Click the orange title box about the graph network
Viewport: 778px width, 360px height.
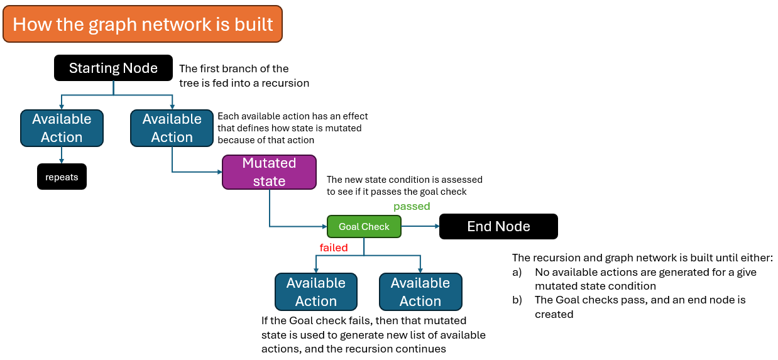point(143,24)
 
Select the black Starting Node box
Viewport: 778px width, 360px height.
point(113,68)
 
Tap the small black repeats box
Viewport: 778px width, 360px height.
point(62,177)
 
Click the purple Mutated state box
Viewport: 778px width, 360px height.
point(269,172)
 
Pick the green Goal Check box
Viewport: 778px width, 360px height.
point(364,226)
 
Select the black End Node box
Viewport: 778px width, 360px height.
point(498,226)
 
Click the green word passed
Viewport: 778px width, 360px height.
point(412,206)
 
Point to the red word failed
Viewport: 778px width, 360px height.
point(334,248)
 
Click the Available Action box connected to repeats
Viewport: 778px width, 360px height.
point(62,128)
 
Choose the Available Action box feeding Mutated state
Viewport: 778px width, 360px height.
point(172,128)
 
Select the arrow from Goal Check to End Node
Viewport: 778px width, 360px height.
point(420,226)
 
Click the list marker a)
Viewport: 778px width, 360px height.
point(517,272)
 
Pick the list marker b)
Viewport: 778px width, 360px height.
point(517,300)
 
